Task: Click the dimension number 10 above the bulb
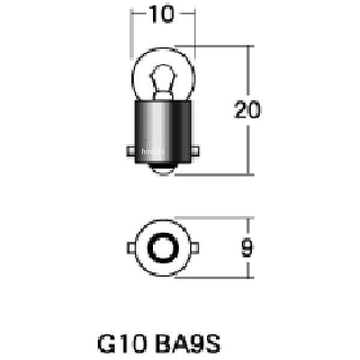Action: click(x=161, y=14)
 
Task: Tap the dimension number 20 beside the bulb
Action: click(x=247, y=110)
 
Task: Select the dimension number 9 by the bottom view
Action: click(x=247, y=247)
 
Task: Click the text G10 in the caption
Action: click(x=122, y=344)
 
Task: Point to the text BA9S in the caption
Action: click(x=188, y=344)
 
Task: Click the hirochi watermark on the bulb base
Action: click(x=153, y=152)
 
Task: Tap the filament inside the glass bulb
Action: click(x=163, y=82)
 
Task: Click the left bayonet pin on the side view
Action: click(x=131, y=151)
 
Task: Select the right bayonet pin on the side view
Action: click(x=195, y=151)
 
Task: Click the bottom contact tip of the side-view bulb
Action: click(x=163, y=170)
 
